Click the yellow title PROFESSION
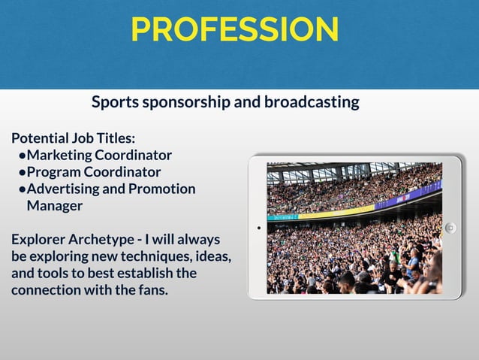click(x=234, y=29)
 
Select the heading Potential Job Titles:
click(x=73, y=138)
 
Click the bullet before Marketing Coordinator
click(x=23, y=156)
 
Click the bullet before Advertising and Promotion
click(x=23, y=189)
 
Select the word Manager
click(x=54, y=205)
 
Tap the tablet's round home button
click(x=450, y=228)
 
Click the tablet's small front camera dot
click(x=258, y=227)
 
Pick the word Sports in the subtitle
click(x=115, y=101)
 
